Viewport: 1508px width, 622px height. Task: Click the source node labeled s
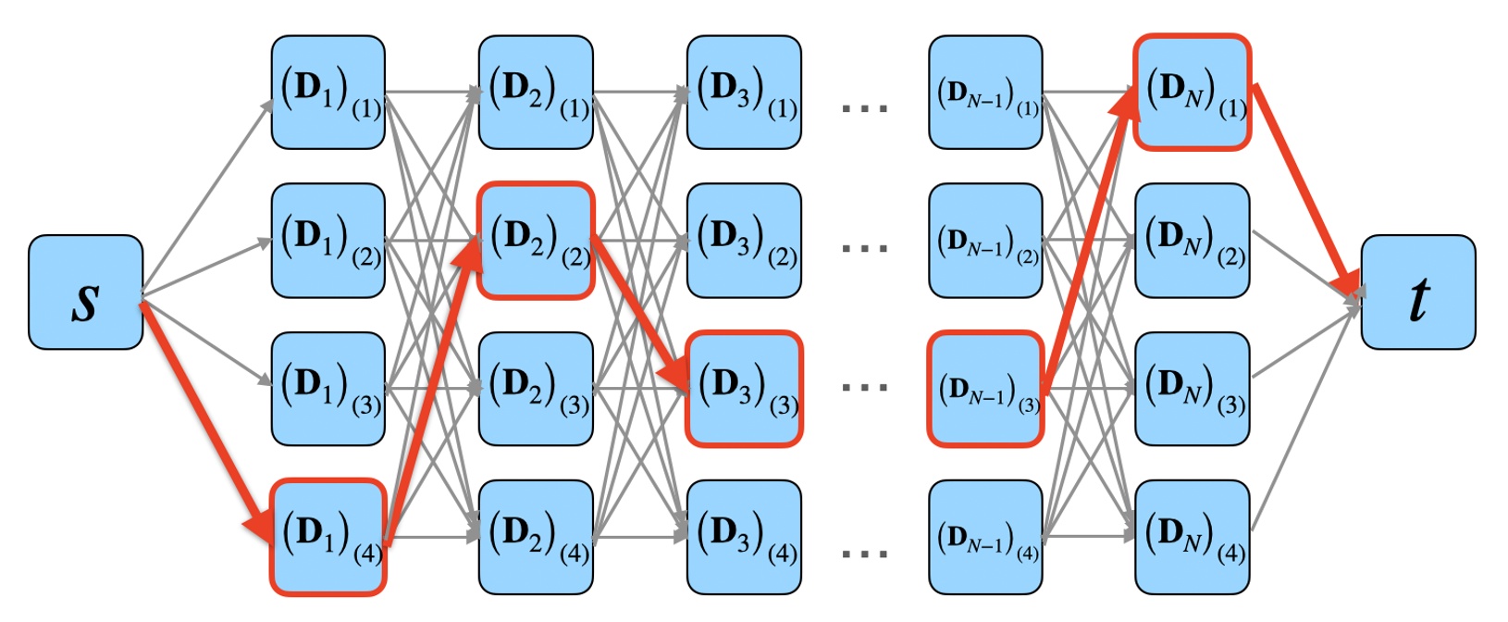click(85, 292)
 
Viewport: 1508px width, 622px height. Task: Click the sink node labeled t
click(1417, 292)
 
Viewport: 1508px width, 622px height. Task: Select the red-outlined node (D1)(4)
click(328, 537)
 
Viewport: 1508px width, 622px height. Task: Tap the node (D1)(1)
click(328, 93)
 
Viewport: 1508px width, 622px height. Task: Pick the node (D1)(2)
click(328, 241)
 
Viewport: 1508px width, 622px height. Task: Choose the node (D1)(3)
click(328, 389)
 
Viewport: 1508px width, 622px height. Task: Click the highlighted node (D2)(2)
click(536, 241)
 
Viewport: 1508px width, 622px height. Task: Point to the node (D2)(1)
click(536, 93)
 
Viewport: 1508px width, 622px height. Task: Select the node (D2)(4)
click(536, 537)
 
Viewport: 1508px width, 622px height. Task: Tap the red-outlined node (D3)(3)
click(744, 389)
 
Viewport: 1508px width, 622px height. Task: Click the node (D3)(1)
click(744, 93)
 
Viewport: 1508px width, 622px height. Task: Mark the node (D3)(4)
click(744, 537)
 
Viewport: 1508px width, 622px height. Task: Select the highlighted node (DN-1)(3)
click(985, 389)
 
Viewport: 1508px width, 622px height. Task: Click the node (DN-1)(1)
click(985, 93)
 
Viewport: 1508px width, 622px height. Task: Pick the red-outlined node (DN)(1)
click(1193, 93)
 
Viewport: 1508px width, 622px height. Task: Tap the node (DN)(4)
click(1193, 537)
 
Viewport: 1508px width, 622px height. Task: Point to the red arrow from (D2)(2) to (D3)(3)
click(638, 315)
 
